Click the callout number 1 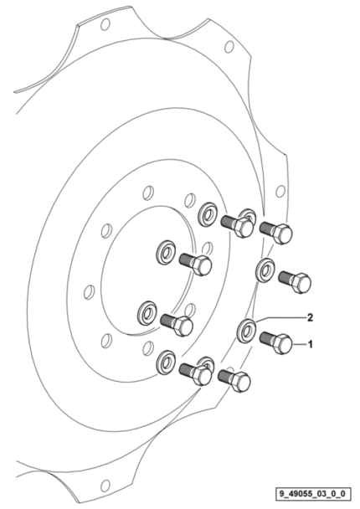pyautogui.click(x=311, y=344)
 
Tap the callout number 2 pyautogui.click(x=311, y=317)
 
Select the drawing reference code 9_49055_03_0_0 pyautogui.click(x=313, y=495)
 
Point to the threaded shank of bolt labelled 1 pyautogui.click(x=267, y=338)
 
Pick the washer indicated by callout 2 pyautogui.click(x=246, y=331)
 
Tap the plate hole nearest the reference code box pyautogui.click(x=105, y=486)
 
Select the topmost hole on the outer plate pyautogui.click(x=105, y=24)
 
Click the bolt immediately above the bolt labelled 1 pyautogui.click(x=295, y=282)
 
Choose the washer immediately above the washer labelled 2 pyautogui.click(x=265, y=270)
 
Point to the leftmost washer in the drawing pyautogui.click(x=147, y=313)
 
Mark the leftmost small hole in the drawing pyautogui.click(x=89, y=291)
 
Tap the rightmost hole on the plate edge pyautogui.click(x=280, y=192)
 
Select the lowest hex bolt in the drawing pyautogui.click(x=234, y=381)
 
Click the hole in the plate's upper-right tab pyautogui.click(x=229, y=46)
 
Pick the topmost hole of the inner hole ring pyautogui.click(x=148, y=193)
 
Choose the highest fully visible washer pyautogui.click(x=208, y=214)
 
